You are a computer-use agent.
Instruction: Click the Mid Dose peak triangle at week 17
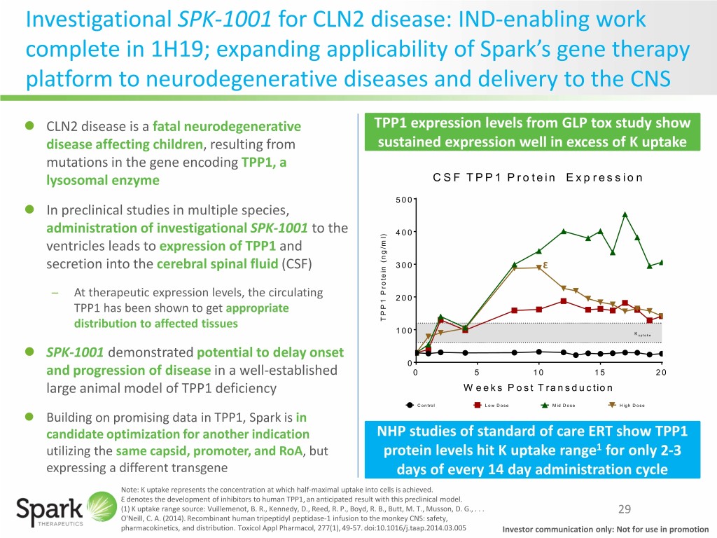coord(625,215)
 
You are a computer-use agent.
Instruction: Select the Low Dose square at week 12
coord(564,301)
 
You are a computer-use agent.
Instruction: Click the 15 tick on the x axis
coord(601,372)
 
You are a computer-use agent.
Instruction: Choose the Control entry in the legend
coord(419,406)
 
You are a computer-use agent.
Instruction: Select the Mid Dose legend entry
coord(560,406)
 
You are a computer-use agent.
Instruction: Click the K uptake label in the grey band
coord(643,335)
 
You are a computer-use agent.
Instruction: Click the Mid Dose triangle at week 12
coord(564,231)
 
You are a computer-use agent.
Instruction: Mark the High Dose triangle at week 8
coord(515,268)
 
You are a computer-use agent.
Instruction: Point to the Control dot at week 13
coord(576,355)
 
